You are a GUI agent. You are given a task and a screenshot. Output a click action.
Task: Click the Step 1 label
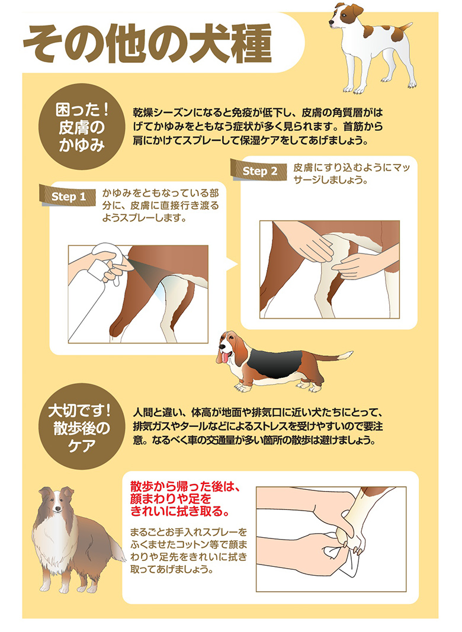pyautogui.click(x=68, y=196)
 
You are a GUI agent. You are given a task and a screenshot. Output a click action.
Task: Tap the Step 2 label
pyautogui.click(x=259, y=171)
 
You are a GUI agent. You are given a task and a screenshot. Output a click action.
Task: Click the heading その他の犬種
pyautogui.click(x=147, y=43)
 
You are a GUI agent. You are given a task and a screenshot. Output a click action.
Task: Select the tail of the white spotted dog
pyautogui.click(x=403, y=28)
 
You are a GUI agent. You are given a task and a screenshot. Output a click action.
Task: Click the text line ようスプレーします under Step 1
pyautogui.click(x=144, y=218)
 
